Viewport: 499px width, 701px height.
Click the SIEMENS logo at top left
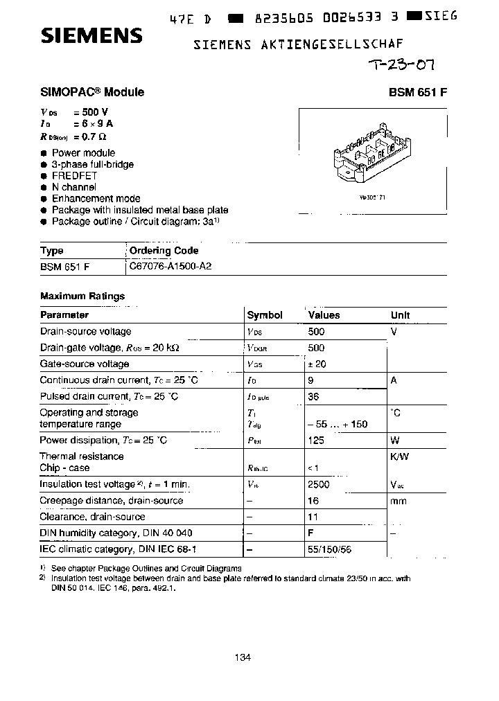click(x=91, y=36)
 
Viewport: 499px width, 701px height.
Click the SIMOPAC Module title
click(x=92, y=92)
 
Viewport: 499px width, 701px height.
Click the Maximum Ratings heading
click(x=82, y=296)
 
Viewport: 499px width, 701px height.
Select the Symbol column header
click(x=265, y=315)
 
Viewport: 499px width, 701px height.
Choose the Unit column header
click(x=401, y=315)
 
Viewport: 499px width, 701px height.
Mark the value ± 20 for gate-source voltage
click(x=317, y=364)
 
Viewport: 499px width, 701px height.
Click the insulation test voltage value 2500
click(x=319, y=485)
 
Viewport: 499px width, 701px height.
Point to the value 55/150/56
click(x=329, y=549)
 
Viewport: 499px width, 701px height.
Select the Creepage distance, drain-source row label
click(x=111, y=501)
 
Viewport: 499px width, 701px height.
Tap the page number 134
click(x=242, y=658)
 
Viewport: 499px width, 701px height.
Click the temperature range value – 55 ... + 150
click(x=338, y=425)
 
